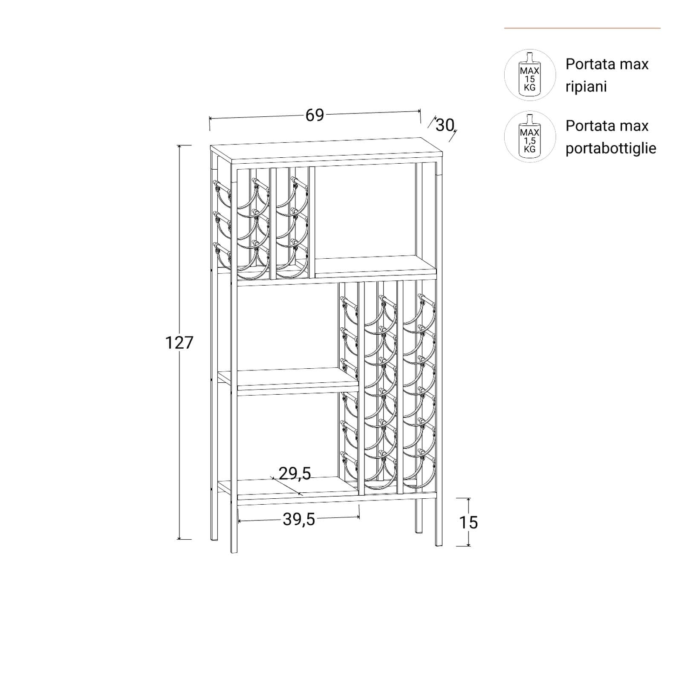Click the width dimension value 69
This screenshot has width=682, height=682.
coord(315,115)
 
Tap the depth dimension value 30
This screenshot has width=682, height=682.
coord(445,125)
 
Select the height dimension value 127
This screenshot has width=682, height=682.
coord(179,342)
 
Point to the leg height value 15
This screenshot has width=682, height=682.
coord(468,522)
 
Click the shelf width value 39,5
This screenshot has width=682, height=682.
coord(299,519)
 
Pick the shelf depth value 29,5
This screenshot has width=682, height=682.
coord(295,474)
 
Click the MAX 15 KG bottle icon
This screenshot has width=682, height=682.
coord(530,75)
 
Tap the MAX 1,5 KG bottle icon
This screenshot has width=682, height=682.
coord(530,137)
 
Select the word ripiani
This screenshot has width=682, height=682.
coord(586,87)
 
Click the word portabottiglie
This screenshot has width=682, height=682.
coord(611,149)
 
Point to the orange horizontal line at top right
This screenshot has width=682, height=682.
coord(582,28)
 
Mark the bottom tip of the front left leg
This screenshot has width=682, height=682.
coord(234,552)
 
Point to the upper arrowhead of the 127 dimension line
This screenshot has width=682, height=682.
coord(179,146)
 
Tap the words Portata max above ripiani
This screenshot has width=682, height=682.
coord(607,64)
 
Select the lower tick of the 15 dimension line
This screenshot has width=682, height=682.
coord(468,546)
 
